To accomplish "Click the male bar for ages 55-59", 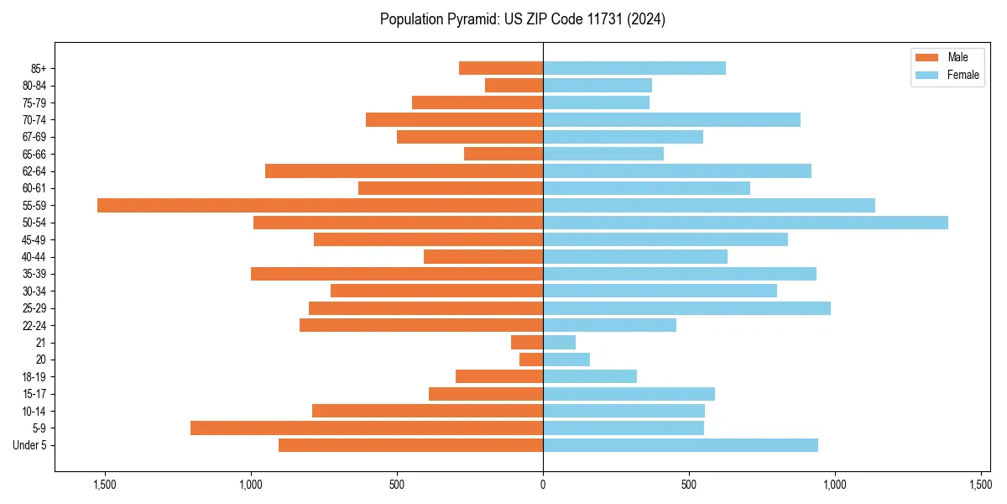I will coord(320,205).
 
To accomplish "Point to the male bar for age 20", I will coord(531,360).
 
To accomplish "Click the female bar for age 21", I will coord(560,342).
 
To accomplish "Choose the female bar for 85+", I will coord(634,68).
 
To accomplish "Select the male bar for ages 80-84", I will coord(514,85).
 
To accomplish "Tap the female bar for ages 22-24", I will coord(609,325).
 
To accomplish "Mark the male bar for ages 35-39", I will coord(397,274).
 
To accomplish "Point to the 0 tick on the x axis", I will coord(543,485).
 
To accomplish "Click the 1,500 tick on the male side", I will coord(105,485).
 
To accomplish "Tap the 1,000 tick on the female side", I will coord(835,485).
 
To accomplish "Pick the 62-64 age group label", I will coord(34,171).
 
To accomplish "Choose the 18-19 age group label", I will coord(34,376).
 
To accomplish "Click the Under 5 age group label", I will coord(30,445).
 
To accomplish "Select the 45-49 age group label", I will coord(34,239).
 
